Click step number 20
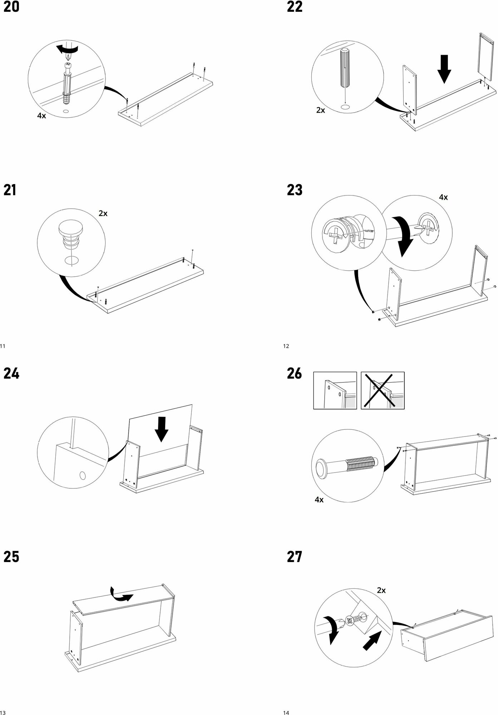(x=11, y=7)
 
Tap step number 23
(x=295, y=190)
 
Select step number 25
(x=11, y=557)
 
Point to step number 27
(x=295, y=557)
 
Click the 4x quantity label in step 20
(x=41, y=116)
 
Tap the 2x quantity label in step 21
(x=103, y=213)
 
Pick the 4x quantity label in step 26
(x=319, y=500)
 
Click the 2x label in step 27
(x=381, y=591)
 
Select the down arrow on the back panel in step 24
(x=162, y=429)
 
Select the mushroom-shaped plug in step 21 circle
(x=70, y=232)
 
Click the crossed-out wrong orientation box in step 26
(x=383, y=390)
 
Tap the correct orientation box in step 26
(x=335, y=390)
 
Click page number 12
(x=286, y=346)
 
